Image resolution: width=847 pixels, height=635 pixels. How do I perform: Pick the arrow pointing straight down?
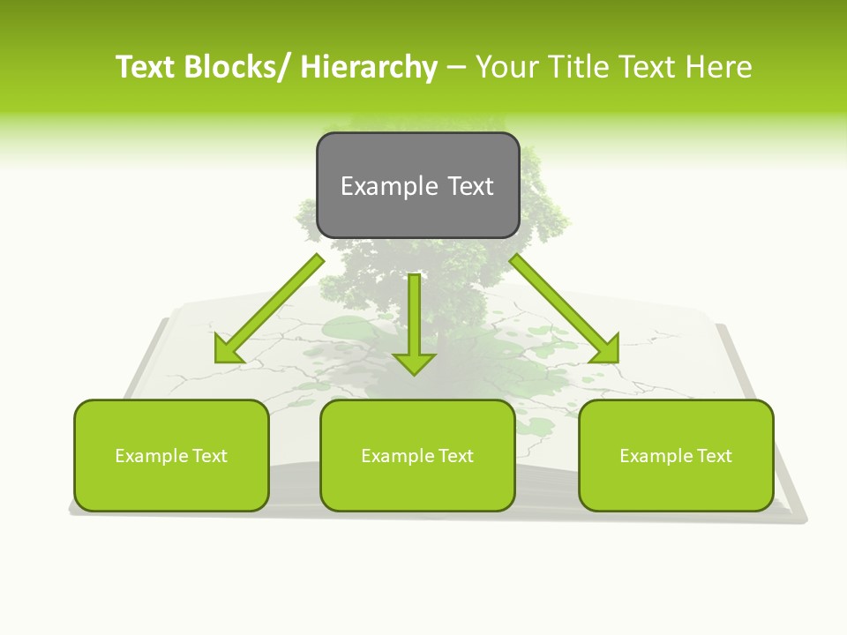(415, 317)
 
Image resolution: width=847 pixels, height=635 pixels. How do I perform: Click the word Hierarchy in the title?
(368, 67)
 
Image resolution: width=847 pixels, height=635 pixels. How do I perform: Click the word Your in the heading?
(505, 67)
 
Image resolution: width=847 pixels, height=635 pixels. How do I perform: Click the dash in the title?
(456, 67)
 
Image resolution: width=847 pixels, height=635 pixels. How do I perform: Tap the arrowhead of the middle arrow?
(415, 362)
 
